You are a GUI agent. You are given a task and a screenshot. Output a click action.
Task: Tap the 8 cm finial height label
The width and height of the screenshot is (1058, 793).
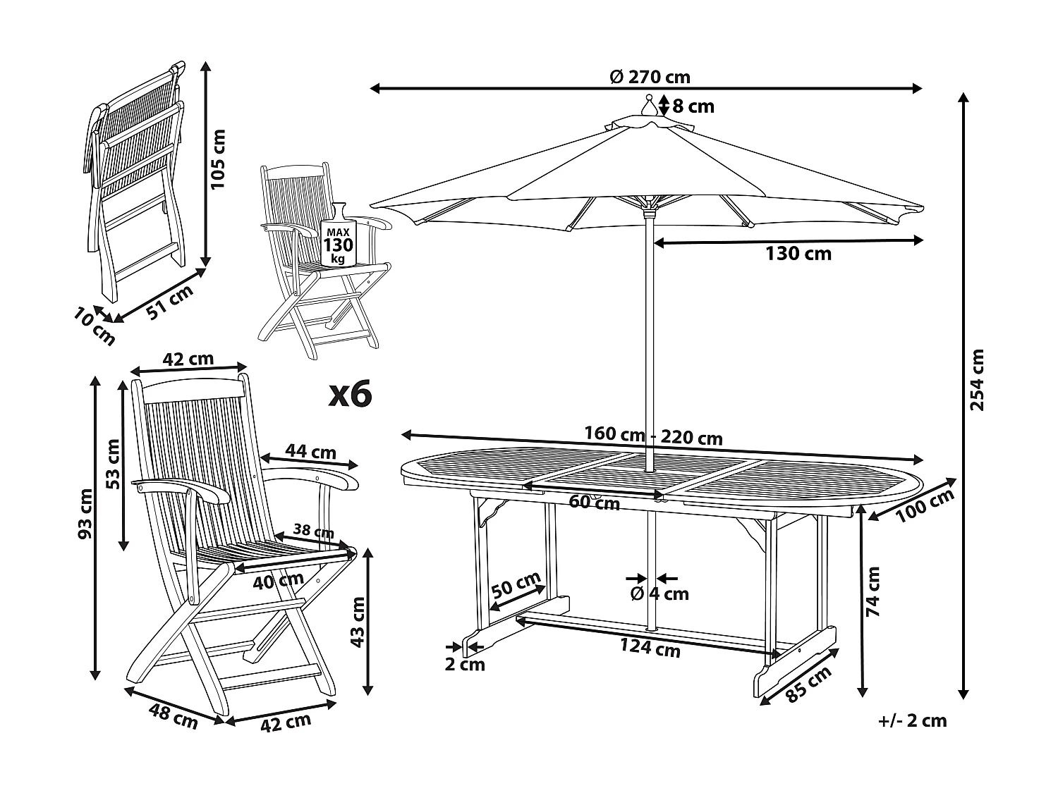tap(693, 106)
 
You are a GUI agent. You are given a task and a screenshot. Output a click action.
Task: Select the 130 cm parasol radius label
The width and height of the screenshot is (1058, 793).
tap(798, 254)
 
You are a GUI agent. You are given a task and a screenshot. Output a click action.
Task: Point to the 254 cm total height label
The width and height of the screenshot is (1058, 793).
tap(977, 380)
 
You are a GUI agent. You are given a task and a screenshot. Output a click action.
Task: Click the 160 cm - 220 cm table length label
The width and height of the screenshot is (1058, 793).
tap(654, 437)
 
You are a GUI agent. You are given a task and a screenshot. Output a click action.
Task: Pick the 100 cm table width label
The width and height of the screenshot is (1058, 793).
tap(925, 506)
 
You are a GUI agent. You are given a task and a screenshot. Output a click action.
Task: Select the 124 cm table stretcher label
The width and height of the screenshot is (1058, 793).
tap(650, 647)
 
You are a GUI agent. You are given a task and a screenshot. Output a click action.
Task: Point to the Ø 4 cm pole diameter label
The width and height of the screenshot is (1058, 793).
tap(659, 594)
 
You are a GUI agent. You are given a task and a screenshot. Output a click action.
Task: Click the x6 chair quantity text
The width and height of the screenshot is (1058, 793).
tap(350, 395)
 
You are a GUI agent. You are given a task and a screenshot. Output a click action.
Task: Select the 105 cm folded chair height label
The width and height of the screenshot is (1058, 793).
tap(219, 159)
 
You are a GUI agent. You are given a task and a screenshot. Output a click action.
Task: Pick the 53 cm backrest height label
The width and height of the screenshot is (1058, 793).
tap(113, 463)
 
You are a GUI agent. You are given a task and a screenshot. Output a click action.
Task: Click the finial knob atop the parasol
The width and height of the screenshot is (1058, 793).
tap(648, 107)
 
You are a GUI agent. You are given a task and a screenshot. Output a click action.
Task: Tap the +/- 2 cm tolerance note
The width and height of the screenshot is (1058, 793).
tap(912, 720)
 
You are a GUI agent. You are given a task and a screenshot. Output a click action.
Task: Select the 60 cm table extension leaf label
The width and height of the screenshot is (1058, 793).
tap(594, 503)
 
